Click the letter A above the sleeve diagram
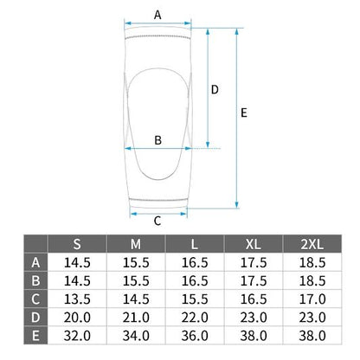tap(157, 15)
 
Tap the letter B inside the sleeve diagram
tap(157, 140)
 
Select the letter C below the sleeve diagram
tap(157, 222)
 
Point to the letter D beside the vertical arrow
tap(215, 90)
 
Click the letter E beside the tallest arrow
tap(244, 112)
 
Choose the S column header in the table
tap(77, 244)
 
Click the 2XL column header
tap(312, 244)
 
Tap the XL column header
tap(254, 244)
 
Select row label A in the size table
tap(35, 262)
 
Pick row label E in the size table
tap(35, 336)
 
